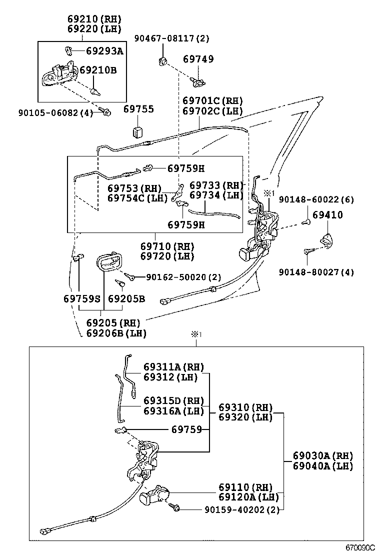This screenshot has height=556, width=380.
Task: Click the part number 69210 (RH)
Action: click(94, 19)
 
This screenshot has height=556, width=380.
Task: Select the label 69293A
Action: click(104, 50)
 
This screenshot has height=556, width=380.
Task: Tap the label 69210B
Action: click(98, 70)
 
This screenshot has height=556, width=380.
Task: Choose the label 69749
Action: click(198, 59)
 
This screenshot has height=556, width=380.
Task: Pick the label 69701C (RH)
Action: click(212, 100)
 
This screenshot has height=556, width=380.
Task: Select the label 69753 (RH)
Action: click(134, 188)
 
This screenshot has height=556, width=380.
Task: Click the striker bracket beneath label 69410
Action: click(326, 241)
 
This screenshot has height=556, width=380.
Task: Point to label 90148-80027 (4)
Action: click(316, 272)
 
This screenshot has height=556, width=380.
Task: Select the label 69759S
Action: click(82, 298)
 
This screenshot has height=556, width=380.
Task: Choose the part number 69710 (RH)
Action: click(167, 246)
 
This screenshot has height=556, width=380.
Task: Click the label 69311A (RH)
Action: click(173, 367)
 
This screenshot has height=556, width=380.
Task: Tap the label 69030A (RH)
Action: click(322, 455)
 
